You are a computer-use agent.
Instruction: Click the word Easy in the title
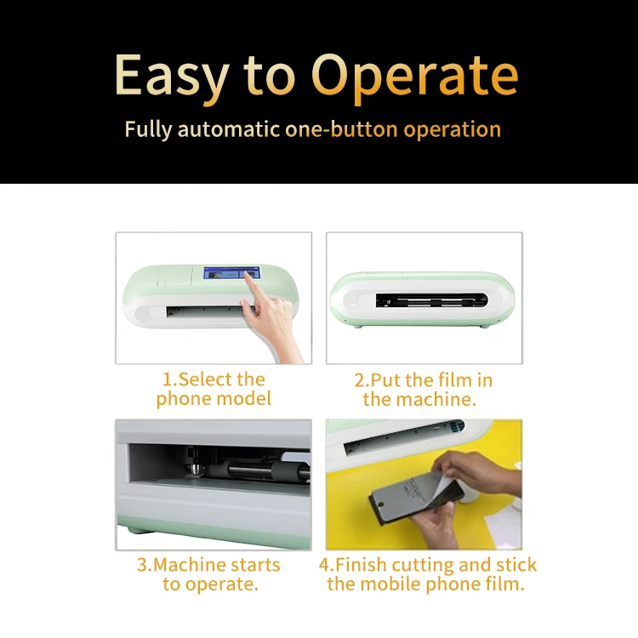(x=172, y=76)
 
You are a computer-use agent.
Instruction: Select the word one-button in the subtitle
(x=341, y=129)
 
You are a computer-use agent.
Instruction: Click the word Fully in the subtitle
(x=148, y=130)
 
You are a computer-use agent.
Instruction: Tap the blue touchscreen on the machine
(x=231, y=273)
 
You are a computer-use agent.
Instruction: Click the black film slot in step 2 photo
(x=431, y=300)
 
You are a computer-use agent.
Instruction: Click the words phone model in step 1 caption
(x=214, y=399)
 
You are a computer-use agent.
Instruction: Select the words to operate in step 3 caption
(x=211, y=584)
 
